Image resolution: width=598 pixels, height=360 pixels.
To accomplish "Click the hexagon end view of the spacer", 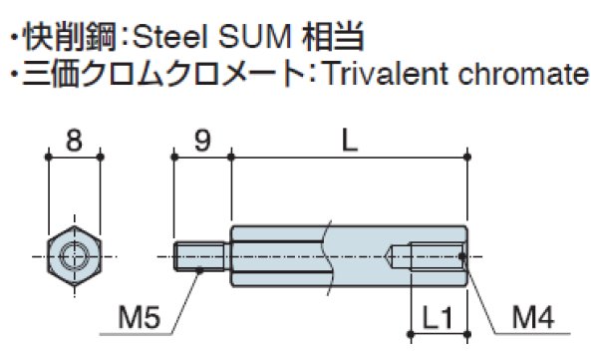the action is pos(75,256).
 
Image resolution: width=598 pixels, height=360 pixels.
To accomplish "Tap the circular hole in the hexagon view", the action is pos(75,256).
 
